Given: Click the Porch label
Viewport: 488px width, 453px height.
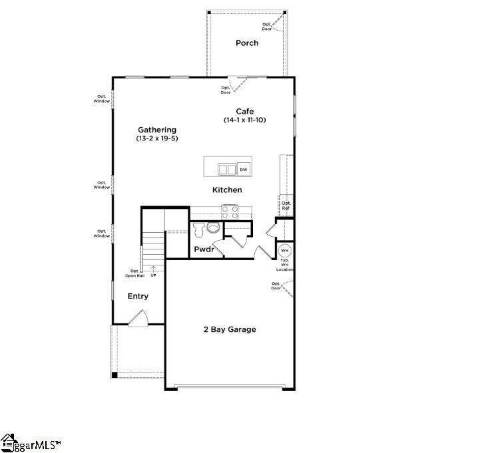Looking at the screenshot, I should click(x=246, y=43).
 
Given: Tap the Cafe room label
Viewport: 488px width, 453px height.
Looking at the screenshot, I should click(x=245, y=111).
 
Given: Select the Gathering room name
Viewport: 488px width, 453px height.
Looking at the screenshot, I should click(x=157, y=130).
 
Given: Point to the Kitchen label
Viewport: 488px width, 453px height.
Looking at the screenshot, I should click(x=227, y=190).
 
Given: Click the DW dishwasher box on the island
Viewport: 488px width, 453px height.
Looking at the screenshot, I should click(x=244, y=170).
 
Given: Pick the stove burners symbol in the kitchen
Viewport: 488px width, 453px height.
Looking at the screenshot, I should click(x=230, y=212).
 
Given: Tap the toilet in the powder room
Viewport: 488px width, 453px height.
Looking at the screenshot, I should click(x=212, y=228).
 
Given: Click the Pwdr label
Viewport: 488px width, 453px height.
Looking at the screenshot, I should click(x=203, y=249).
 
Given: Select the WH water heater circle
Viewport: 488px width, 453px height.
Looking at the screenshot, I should click(x=285, y=251).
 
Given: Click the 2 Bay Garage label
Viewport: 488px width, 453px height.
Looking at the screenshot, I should click(x=230, y=329).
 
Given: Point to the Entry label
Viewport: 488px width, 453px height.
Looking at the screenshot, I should click(x=138, y=297).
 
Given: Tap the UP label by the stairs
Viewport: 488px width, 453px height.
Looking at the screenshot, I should click(x=154, y=275).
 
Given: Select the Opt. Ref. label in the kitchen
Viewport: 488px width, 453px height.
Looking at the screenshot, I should click(x=286, y=206).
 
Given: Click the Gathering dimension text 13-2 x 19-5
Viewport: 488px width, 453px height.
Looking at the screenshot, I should click(x=157, y=138).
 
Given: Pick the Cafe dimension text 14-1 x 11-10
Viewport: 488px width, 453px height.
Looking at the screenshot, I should click(x=245, y=120).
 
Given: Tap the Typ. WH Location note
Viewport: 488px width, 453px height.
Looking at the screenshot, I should click(x=285, y=265).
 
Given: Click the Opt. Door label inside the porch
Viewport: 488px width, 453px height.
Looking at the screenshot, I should click(x=267, y=27).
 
